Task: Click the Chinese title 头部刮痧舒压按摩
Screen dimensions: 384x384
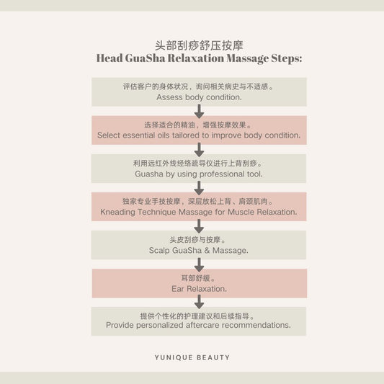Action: [199, 45]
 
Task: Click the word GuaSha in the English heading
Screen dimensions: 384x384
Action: [146, 58]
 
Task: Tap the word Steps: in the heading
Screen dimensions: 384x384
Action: [287, 59]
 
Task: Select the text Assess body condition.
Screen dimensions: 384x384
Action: [199, 97]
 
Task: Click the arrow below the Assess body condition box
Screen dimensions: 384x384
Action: [199, 111]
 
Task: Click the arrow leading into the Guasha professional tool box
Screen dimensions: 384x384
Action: [199, 149]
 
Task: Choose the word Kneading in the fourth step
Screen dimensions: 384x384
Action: [117, 212]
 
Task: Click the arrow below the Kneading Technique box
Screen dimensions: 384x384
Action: [199, 226]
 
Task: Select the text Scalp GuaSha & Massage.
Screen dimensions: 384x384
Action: [199, 250]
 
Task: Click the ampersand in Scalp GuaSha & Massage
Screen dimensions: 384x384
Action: [207, 250]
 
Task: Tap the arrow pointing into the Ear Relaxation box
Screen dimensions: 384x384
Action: [199, 264]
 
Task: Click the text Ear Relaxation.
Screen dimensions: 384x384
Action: [199, 289]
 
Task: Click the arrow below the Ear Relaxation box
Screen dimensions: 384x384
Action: [199, 301]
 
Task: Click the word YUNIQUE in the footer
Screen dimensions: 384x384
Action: [174, 357]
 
